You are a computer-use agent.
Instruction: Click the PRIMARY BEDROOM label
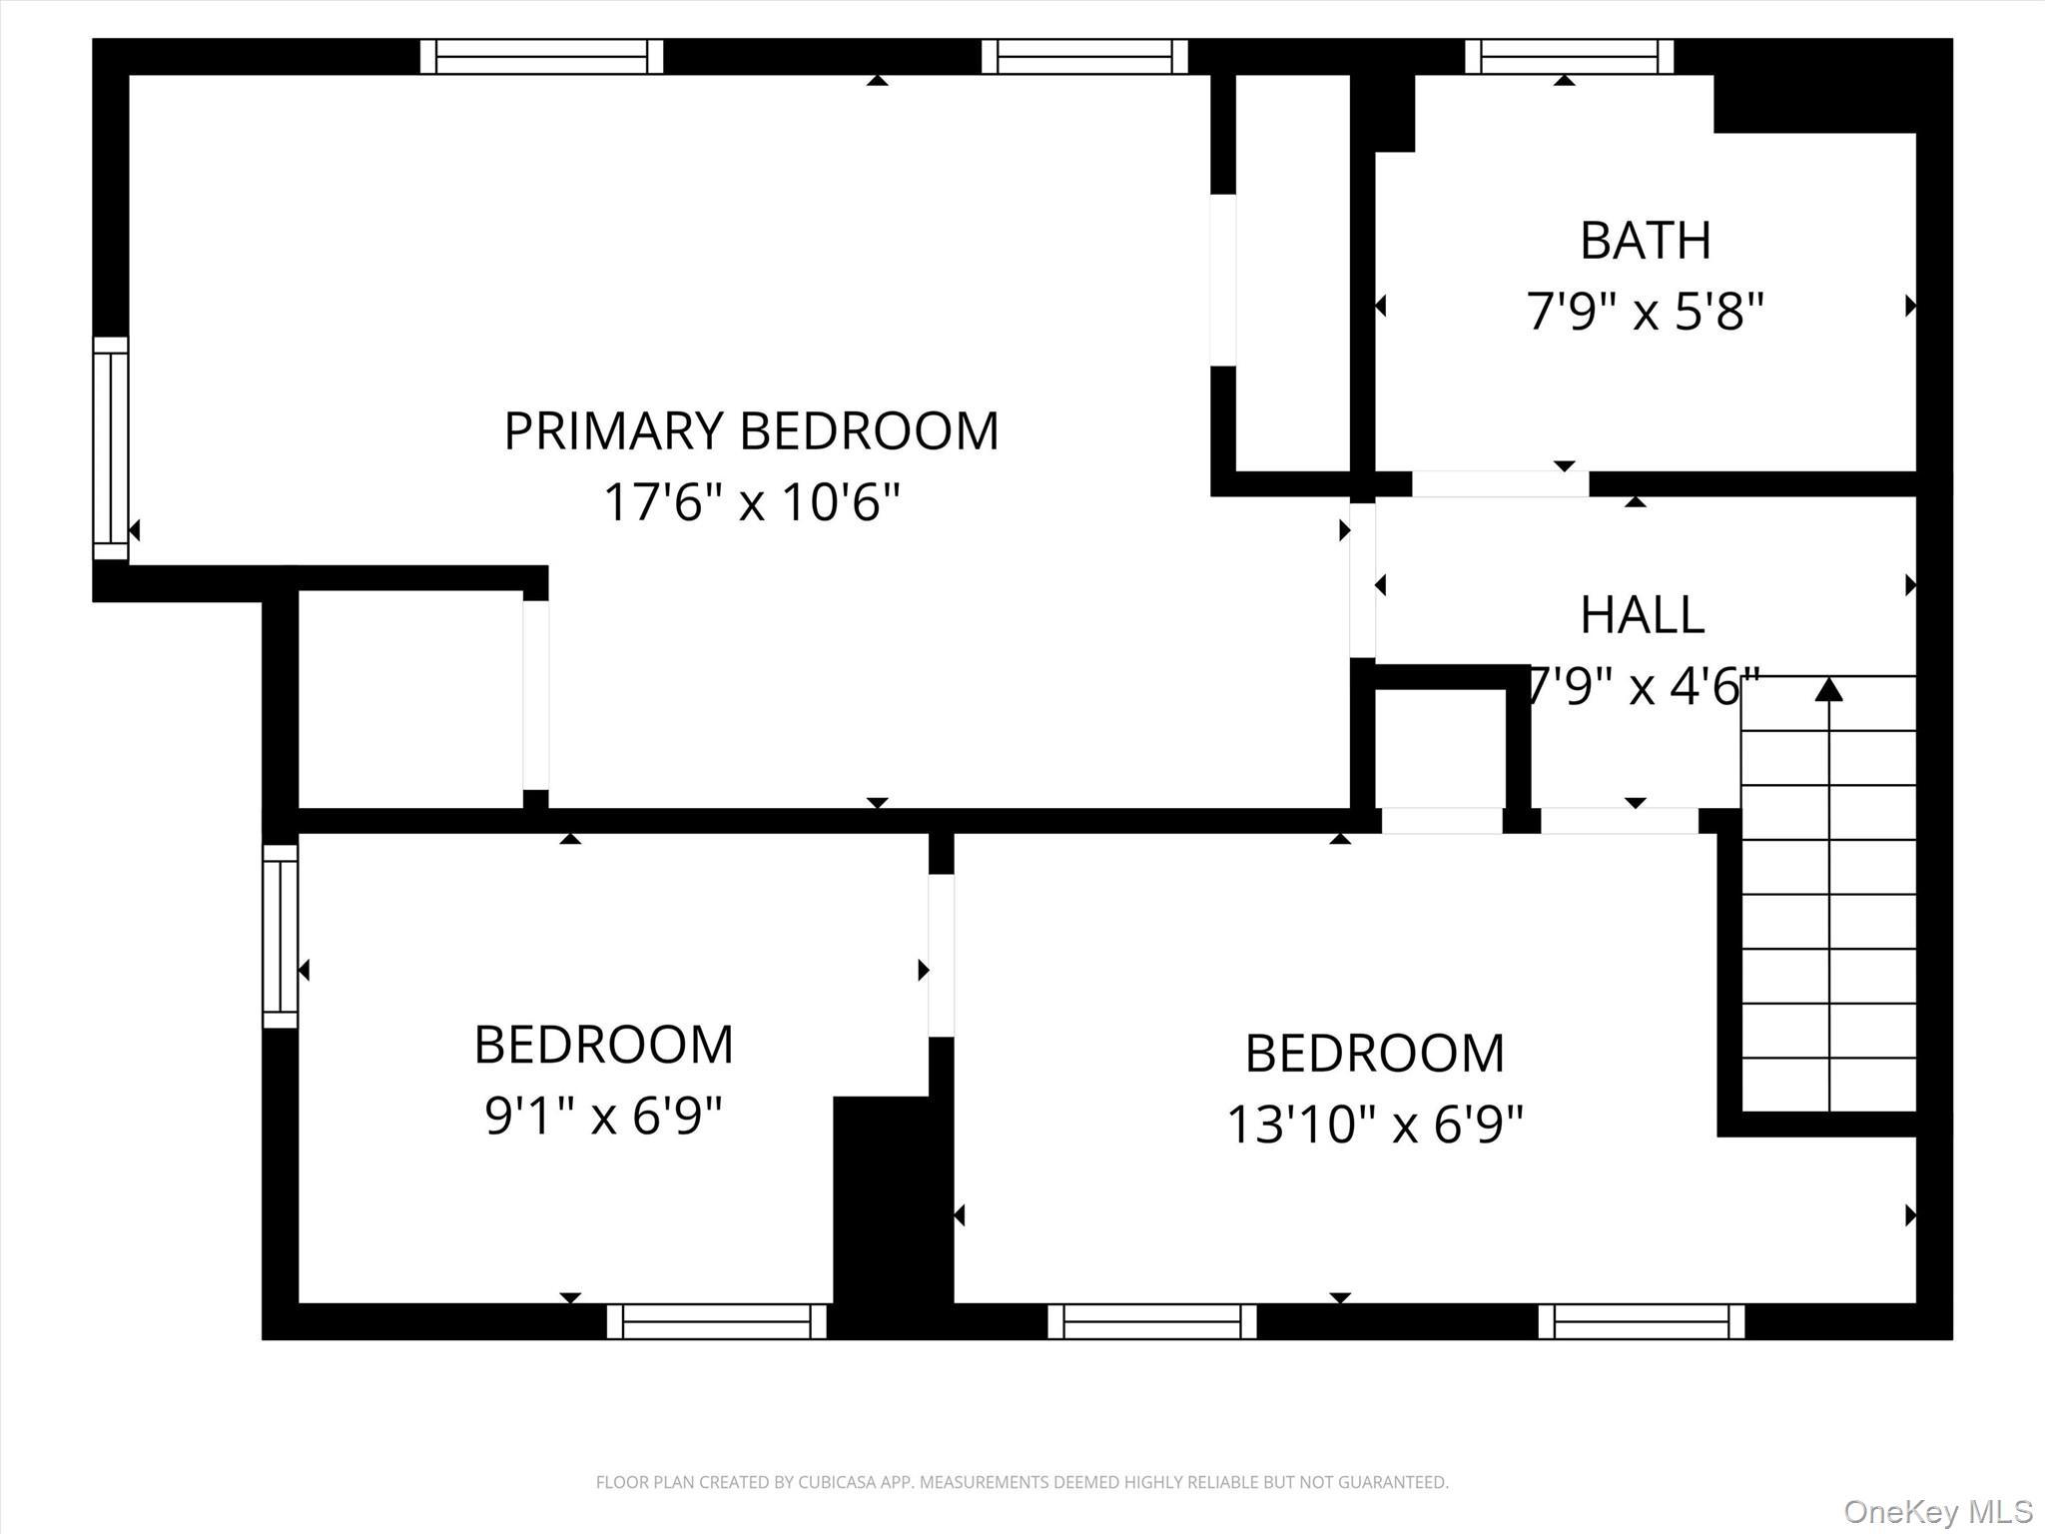click(x=751, y=431)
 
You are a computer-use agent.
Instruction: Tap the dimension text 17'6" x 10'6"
click(x=751, y=502)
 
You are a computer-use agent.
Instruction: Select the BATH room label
click(x=1645, y=241)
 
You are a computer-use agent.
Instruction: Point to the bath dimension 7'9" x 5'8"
click(x=1645, y=312)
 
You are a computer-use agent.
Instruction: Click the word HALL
click(x=1642, y=615)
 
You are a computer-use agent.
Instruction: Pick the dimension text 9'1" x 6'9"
click(x=603, y=1116)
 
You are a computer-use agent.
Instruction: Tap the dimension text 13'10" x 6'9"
click(x=1374, y=1125)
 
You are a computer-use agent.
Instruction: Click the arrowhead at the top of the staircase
click(x=1828, y=689)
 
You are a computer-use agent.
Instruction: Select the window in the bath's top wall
click(x=1569, y=56)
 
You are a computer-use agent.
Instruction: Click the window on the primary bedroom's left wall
click(x=111, y=448)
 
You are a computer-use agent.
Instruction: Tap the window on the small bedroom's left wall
click(x=281, y=936)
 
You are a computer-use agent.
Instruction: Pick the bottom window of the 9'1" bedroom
click(x=716, y=1321)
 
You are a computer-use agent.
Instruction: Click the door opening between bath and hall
click(x=1499, y=484)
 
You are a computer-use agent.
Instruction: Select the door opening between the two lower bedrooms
click(x=941, y=955)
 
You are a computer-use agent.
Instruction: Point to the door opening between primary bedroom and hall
click(x=1362, y=579)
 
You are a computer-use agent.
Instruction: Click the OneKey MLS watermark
click(x=1937, y=1511)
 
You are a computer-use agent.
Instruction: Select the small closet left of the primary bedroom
click(x=409, y=698)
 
